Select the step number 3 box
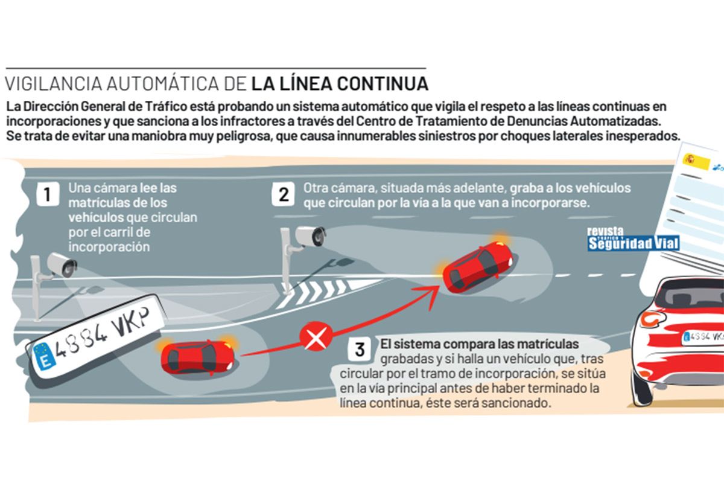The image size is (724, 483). pos(360,350)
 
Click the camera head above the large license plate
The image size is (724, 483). pos(62,265)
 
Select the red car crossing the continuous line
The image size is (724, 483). pos(478,269)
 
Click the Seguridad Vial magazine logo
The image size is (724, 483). pos(633,240)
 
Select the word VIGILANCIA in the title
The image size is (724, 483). pos(53,84)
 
